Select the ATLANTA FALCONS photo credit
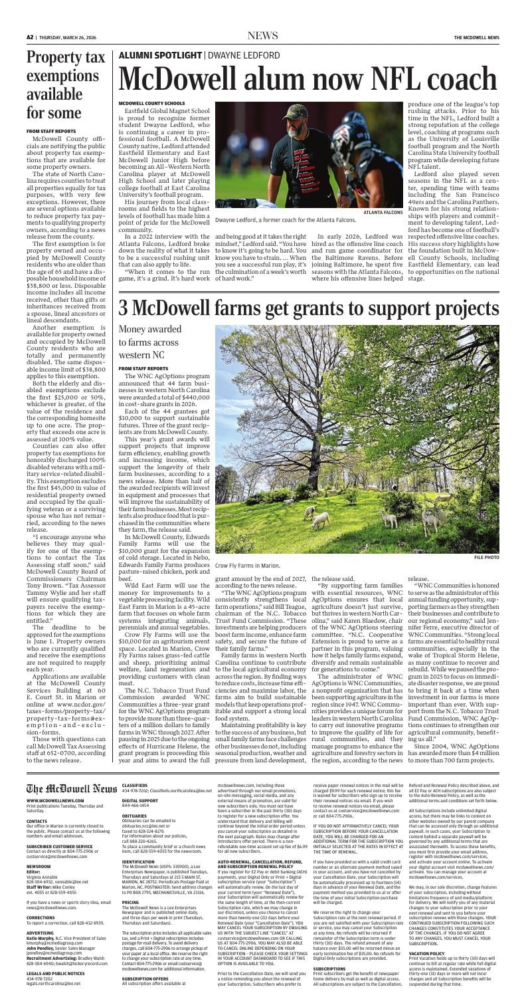(x=384, y=213)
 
